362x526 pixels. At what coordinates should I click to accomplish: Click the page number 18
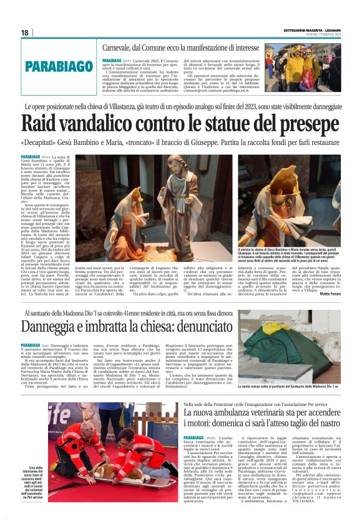[x=25, y=32]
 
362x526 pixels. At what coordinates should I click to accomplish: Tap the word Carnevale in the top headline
[x=124, y=48]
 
